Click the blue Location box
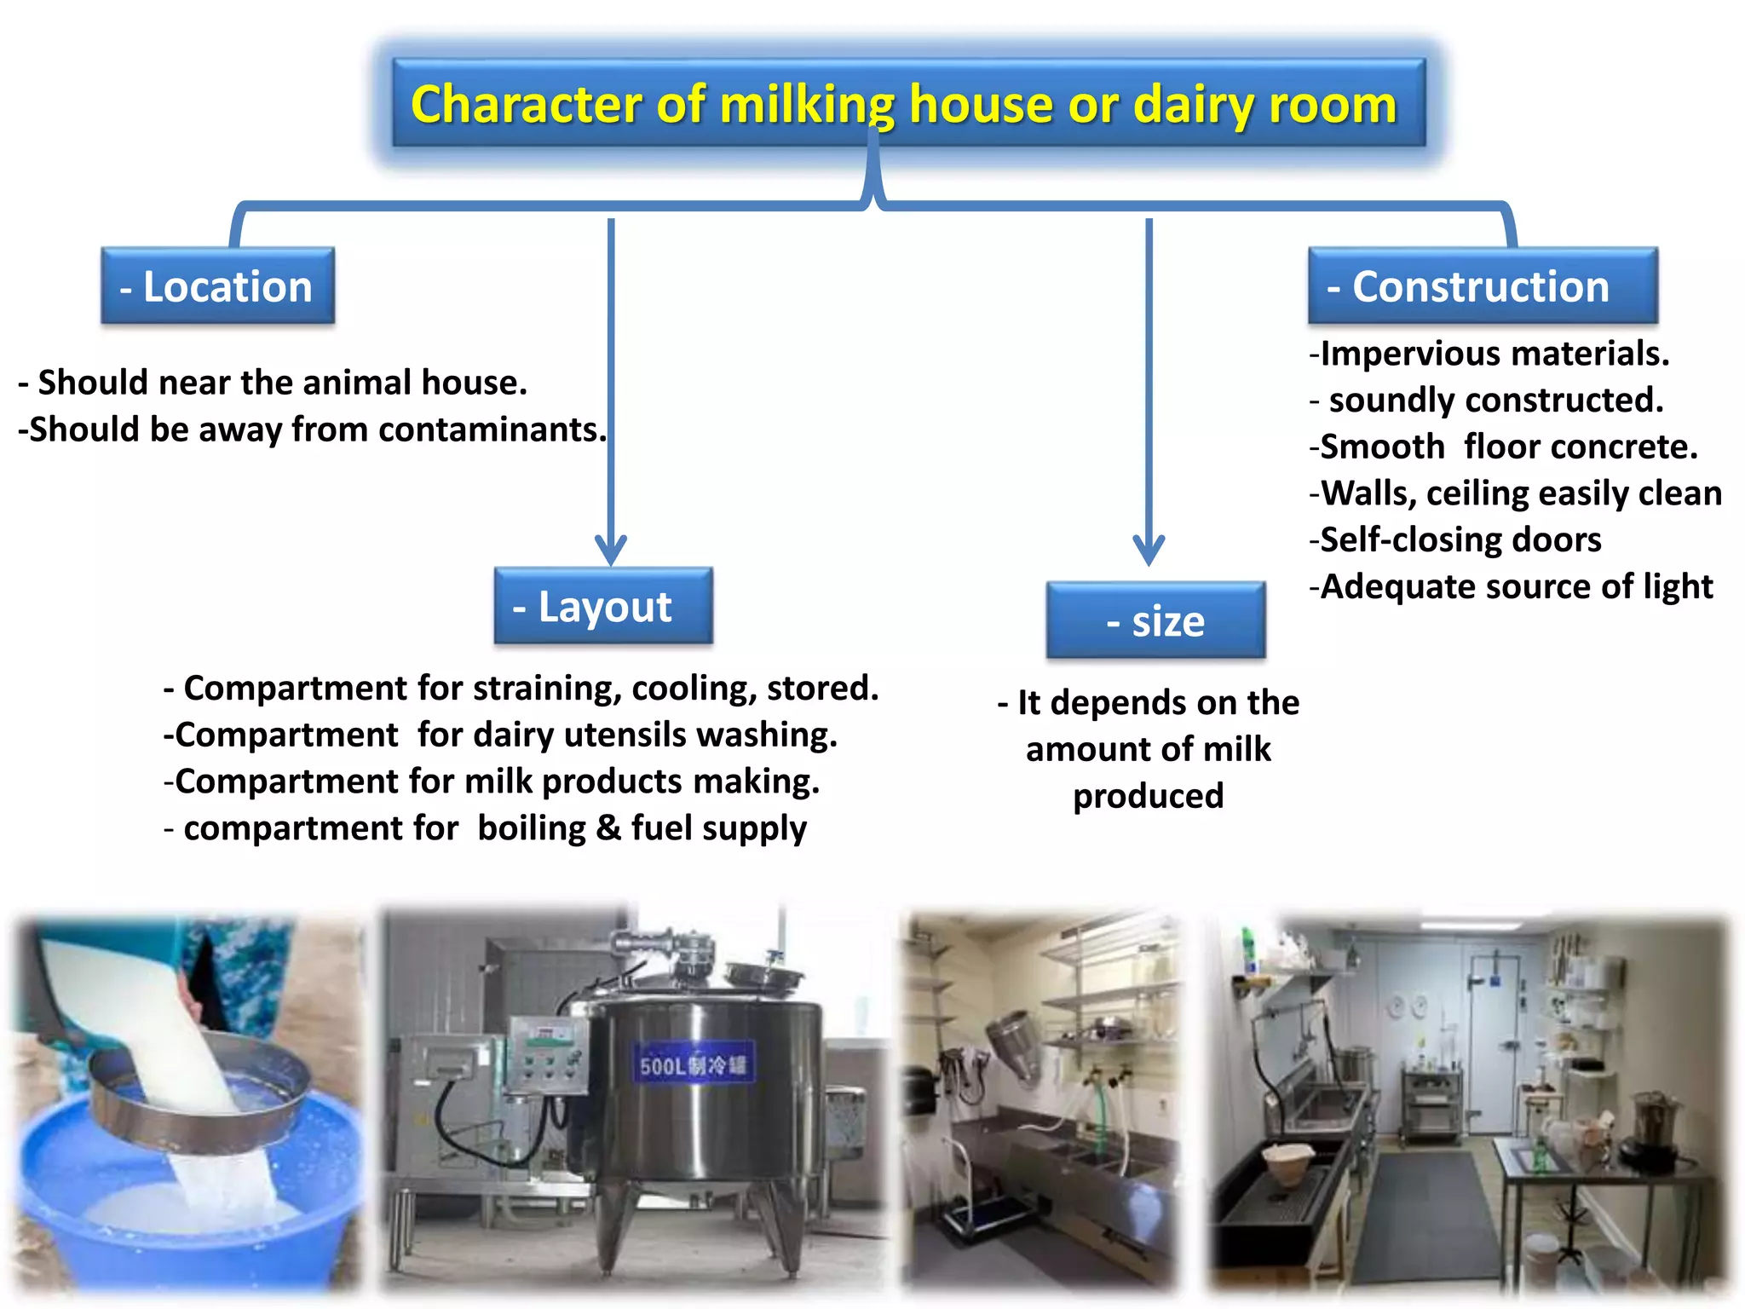coord(217,286)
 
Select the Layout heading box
coord(603,606)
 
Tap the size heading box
coord(1155,620)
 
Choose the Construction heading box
coord(1483,286)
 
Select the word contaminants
coord(492,430)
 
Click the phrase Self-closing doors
coord(1460,540)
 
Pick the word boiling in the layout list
coord(532,828)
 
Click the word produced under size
coord(1148,796)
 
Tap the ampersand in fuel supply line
coord(608,828)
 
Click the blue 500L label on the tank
coord(692,1065)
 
